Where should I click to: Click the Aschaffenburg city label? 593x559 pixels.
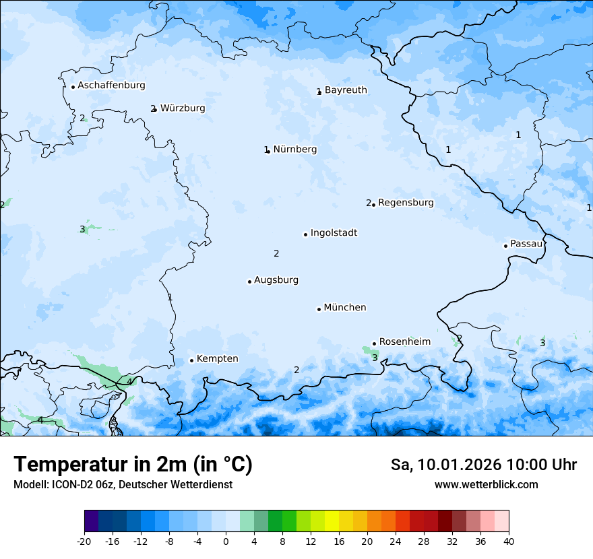pos(111,86)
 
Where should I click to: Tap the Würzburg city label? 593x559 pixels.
pos(183,108)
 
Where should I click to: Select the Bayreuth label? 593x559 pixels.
pos(346,90)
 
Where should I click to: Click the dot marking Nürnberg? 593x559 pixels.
pos(268,152)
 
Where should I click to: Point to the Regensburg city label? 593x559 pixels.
pos(406,203)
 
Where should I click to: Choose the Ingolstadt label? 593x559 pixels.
pos(334,233)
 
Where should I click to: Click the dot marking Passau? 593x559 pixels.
pos(505,246)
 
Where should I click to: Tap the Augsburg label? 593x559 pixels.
pos(276,280)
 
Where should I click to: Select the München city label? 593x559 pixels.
pos(345,308)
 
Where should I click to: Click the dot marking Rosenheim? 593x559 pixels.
pos(374,343)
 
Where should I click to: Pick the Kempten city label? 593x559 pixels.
pos(217,359)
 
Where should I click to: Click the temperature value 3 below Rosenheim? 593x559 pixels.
pos(375,358)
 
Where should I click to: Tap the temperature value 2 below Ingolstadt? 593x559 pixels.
pos(276,254)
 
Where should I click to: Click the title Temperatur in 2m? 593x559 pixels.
pos(133,464)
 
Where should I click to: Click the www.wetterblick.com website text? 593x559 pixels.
pos(486,485)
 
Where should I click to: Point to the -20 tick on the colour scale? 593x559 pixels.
pos(84,541)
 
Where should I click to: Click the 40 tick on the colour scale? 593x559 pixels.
pos(509,541)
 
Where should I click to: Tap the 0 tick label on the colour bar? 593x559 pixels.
pos(226,541)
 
